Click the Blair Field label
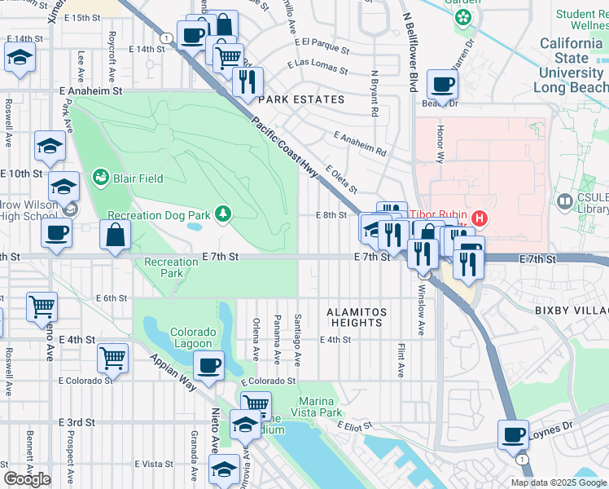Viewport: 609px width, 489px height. [x=138, y=178]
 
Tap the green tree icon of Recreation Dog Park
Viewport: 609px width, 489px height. [x=222, y=214]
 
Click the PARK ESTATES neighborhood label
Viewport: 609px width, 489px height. [x=301, y=99]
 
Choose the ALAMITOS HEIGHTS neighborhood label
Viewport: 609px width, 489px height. [x=355, y=317]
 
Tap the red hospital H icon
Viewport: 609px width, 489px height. [x=480, y=218]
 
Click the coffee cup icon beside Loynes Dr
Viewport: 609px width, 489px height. [x=514, y=434]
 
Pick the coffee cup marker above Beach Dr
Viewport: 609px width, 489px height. [x=442, y=83]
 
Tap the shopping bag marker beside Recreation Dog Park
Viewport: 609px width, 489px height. [x=115, y=235]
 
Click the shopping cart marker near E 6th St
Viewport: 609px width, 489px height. [x=42, y=306]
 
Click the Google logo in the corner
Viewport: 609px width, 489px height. [x=27, y=479]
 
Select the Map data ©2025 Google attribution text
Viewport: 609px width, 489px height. [x=559, y=482]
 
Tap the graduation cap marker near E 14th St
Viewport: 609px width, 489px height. [x=20, y=57]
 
